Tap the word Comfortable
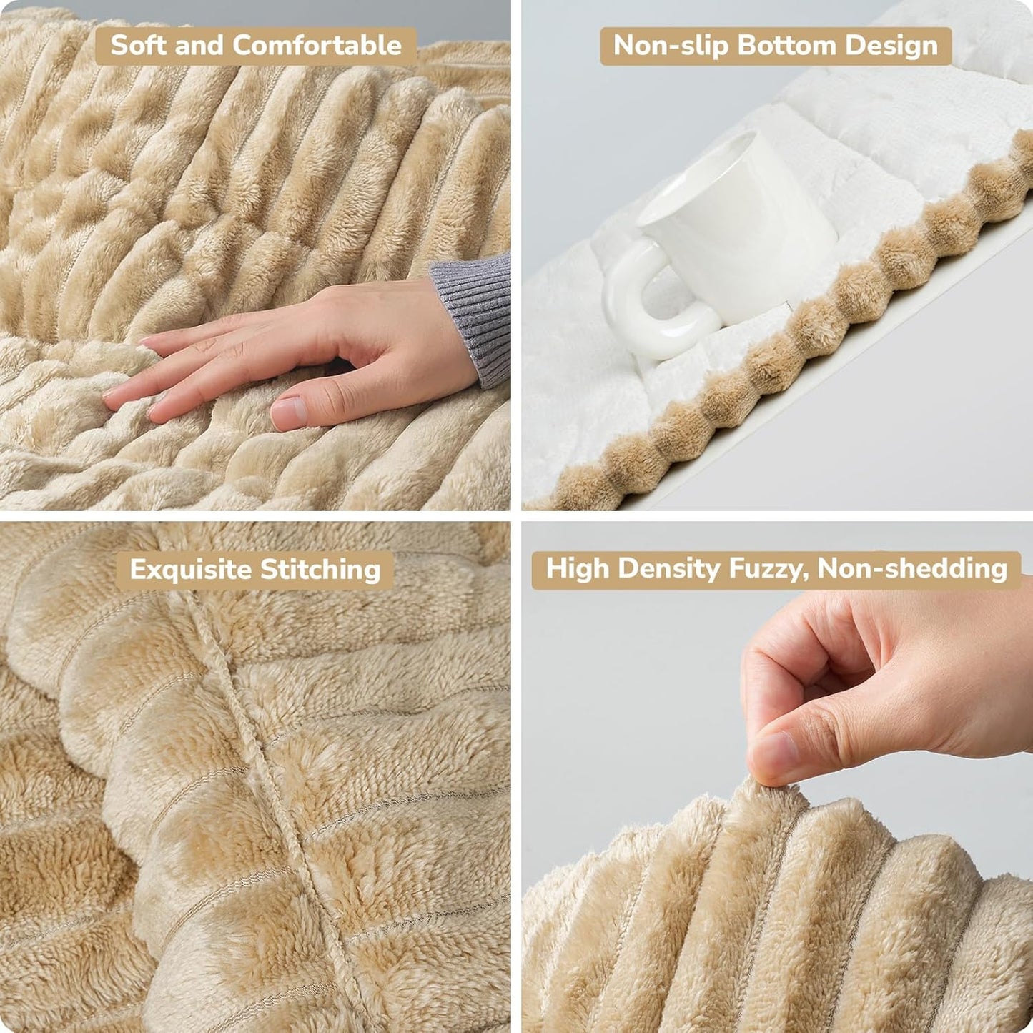(317, 46)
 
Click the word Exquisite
(191, 570)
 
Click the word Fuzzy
(768, 569)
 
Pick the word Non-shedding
(912, 569)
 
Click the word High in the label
(578, 569)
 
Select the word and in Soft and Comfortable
(198, 46)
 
